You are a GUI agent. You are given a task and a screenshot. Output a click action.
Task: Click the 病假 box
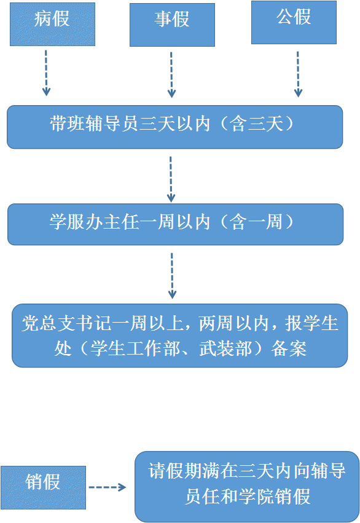[x=52, y=25]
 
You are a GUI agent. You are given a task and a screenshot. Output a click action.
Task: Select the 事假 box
[x=172, y=25]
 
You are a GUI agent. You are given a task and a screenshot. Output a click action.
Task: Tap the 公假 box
[x=294, y=22]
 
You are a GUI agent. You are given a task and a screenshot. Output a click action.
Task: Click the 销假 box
[x=43, y=487]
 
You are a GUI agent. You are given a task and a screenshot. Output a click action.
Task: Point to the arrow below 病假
[x=46, y=73]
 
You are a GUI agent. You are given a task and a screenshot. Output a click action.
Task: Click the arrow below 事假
[x=171, y=75]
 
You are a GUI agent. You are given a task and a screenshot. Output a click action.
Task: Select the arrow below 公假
[x=298, y=74]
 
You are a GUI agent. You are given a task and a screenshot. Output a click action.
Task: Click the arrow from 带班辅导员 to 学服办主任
[x=171, y=179]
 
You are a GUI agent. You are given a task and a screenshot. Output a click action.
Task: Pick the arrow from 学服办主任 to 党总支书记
[x=172, y=275]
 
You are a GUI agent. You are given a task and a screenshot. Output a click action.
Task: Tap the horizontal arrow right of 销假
[x=108, y=487]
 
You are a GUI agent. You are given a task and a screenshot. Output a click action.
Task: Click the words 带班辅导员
[x=94, y=124]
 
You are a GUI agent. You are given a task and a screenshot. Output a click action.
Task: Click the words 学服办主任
[x=94, y=222]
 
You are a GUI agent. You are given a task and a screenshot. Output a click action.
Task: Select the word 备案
[x=289, y=348]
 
